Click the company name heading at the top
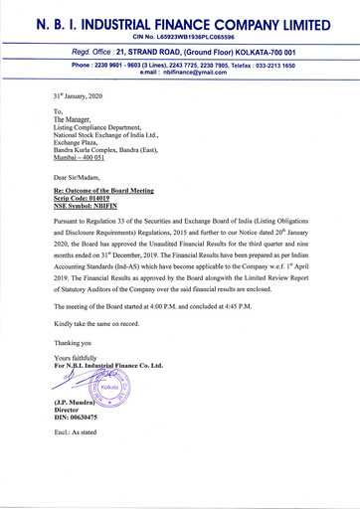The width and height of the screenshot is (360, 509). click(180, 20)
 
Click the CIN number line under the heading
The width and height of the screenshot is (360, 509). click(180, 37)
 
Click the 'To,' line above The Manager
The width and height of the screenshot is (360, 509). click(59, 113)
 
